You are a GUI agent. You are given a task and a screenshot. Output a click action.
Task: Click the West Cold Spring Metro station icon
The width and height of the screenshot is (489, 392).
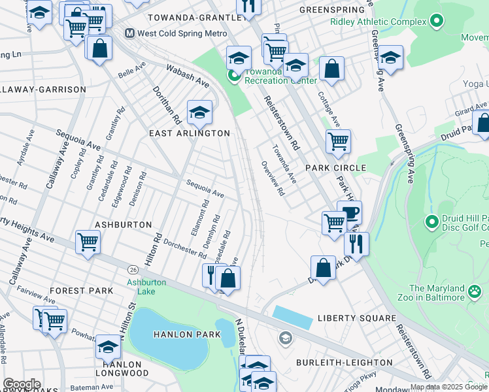coord(129,33)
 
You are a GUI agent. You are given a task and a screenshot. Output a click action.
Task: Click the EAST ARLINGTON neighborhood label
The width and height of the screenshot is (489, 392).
coord(190,133)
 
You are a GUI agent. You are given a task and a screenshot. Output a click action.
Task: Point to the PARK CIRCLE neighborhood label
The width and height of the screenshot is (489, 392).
coord(340,168)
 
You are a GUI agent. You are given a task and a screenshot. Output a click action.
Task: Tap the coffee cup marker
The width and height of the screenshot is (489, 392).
coord(349,214)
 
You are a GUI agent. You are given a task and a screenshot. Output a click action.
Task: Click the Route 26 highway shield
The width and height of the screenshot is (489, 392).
coord(133,270)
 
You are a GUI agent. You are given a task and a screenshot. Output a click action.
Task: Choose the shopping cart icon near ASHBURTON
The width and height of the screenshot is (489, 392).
coord(88,242)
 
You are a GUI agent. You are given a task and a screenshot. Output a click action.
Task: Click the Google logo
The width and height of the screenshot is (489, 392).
coord(21,384)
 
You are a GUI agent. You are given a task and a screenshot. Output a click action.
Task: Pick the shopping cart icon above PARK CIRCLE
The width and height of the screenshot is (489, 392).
coord(338,140)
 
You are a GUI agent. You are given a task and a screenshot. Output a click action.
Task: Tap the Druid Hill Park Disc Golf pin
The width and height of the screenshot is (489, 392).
coord(431,222)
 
